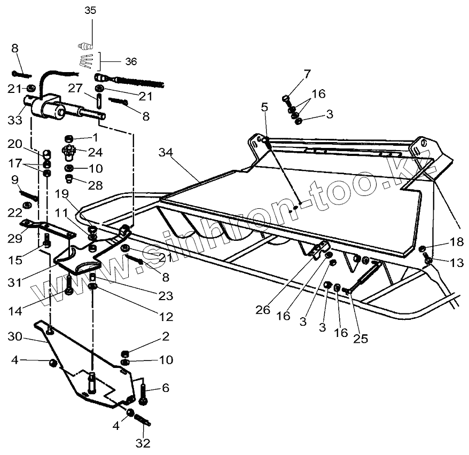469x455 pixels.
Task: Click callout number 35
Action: (x=91, y=10)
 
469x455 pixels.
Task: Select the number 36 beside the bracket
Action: (x=131, y=61)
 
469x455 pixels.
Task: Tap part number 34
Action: (x=166, y=153)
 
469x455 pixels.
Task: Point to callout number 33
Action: (x=15, y=120)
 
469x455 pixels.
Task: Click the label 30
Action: (x=15, y=336)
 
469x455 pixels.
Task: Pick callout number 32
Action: (x=143, y=443)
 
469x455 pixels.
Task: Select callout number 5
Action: (x=264, y=107)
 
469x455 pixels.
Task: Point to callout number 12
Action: (x=166, y=317)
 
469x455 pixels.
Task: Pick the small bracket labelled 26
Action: (x=321, y=248)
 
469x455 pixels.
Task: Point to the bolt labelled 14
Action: (x=69, y=285)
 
